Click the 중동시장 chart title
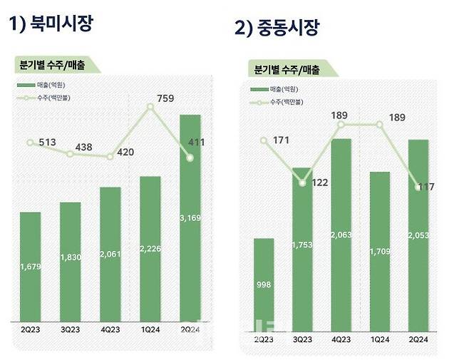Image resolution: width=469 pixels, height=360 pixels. tap(277, 29)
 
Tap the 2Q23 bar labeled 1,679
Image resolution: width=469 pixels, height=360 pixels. tap(31, 267)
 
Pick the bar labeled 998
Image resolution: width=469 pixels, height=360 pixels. tap(264, 282)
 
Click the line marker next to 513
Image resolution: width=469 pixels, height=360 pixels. tap(30, 143)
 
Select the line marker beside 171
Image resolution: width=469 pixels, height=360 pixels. tap(264, 140)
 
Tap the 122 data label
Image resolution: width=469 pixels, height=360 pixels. tap(319, 183)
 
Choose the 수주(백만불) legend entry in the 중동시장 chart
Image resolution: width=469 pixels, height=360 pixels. tap(282, 102)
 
